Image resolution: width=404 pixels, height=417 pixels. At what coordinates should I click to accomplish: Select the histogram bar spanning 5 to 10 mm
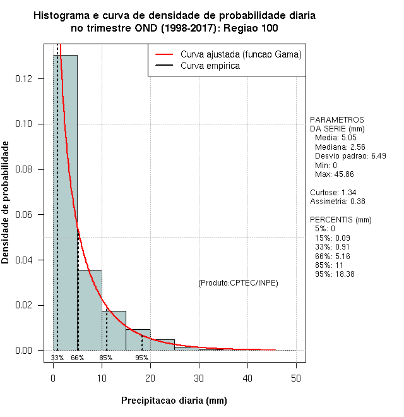click(90, 310)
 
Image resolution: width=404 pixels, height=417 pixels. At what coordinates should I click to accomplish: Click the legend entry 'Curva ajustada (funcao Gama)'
click(241, 54)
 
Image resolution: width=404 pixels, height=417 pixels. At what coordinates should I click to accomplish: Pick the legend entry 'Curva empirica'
click(210, 66)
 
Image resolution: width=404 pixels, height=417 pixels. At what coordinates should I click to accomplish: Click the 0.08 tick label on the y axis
click(28, 169)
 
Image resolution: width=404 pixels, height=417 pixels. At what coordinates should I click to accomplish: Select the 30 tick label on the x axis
click(199, 378)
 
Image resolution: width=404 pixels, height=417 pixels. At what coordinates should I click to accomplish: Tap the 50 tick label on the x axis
click(296, 378)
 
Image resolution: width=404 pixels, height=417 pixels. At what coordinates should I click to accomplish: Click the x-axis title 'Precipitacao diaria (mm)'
click(174, 401)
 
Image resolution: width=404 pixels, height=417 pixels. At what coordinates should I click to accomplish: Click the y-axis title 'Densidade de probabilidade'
click(6, 203)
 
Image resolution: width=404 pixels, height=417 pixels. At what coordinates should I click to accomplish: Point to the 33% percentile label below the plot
click(57, 358)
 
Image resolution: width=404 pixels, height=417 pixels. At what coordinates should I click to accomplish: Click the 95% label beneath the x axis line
click(142, 358)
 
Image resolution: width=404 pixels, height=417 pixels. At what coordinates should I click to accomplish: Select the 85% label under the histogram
click(106, 358)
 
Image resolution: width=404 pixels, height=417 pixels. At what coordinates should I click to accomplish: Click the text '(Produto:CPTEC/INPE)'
click(238, 282)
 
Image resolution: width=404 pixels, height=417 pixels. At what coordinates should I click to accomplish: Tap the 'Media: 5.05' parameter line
click(336, 137)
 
